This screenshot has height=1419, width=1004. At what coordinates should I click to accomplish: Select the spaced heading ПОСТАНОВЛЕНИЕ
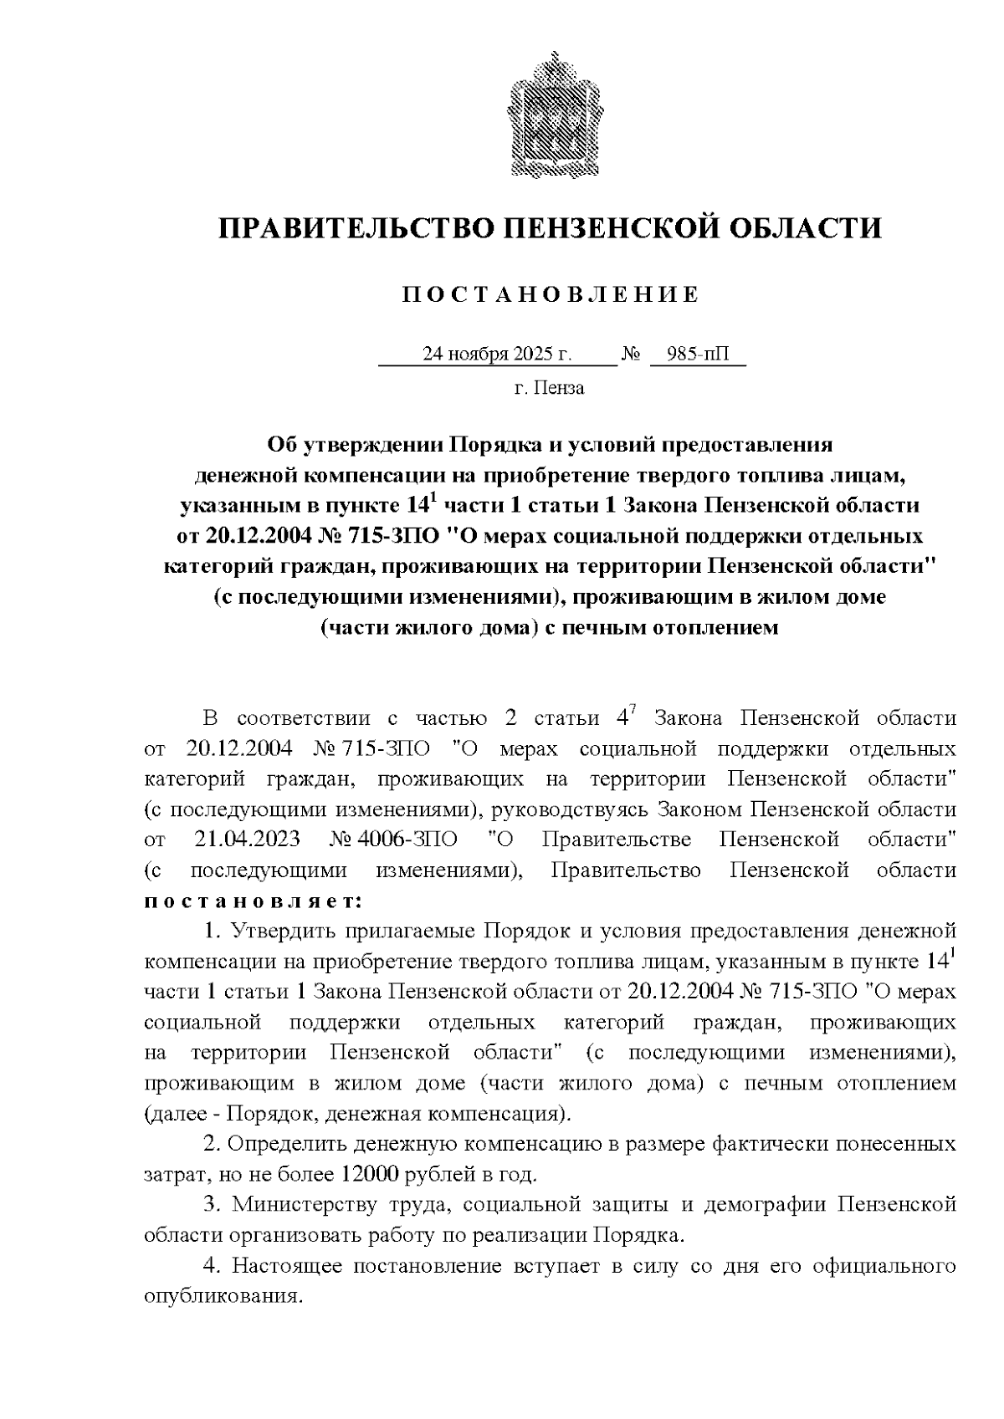coord(551,294)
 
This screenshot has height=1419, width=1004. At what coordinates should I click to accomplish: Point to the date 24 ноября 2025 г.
coord(497,355)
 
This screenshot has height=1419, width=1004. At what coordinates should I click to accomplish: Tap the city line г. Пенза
coord(549,388)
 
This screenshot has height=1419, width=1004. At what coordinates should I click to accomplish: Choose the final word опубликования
coord(222,1297)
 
